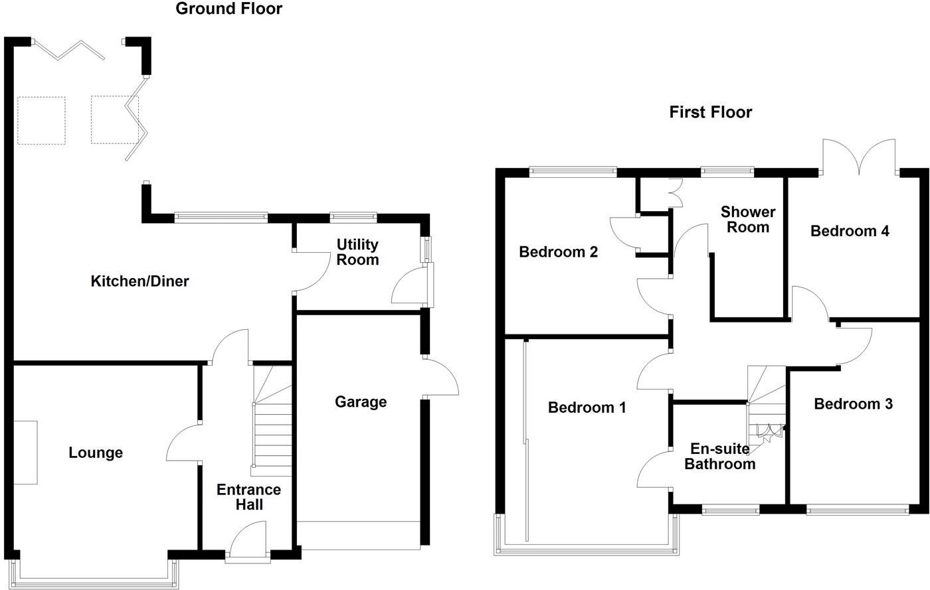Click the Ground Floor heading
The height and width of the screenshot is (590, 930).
tap(229, 9)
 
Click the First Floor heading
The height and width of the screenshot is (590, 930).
tap(710, 112)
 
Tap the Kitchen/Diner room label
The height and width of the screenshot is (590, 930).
tap(139, 281)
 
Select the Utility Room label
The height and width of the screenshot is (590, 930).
tap(357, 252)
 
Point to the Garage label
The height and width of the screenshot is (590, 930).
tap(361, 402)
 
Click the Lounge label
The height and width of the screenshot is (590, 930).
tap(96, 453)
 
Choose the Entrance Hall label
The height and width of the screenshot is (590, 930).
tap(249, 497)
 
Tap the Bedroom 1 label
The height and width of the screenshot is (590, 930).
tap(587, 407)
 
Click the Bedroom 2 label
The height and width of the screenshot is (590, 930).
tap(558, 252)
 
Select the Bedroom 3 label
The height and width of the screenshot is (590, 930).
tap(853, 404)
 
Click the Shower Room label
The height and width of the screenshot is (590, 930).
tap(748, 220)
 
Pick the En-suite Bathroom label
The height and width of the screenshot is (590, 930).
tap(719, 456)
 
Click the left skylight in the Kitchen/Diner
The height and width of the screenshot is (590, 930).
tap(41, 120)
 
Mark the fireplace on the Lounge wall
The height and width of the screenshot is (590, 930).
tap(26, 453)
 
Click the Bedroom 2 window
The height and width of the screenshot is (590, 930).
tap(573, 173)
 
